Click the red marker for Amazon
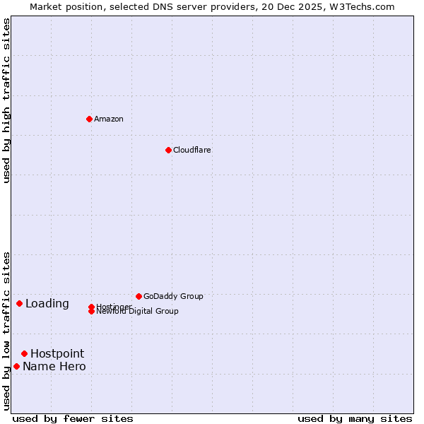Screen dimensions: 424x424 [x=89, y=119]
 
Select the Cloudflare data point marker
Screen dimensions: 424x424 [x=168, y=150]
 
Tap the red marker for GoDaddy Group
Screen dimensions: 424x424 [x=139, y=296]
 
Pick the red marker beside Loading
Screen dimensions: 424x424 [x=19, y=303]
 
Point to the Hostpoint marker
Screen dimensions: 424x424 [x=24, y=353]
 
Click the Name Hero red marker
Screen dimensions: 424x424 [x=16, y=366]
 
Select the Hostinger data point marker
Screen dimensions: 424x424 [x=91, y=307]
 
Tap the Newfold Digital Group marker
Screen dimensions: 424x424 [x=91, y=312]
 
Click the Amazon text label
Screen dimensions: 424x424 [x=108, y=119]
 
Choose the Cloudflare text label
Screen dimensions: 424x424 [x=192, y=150]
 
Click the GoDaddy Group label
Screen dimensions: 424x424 [x=173, y=296]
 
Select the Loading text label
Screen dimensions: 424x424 [x=47, y=304]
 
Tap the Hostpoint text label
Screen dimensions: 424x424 [x=57, y=353]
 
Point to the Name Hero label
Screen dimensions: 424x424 [x=54, y=366]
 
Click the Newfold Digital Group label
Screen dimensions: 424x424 [x=138, y=312]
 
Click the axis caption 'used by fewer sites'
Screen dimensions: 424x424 [x=73, y=418]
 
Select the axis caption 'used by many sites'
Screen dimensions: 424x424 [x=355, y=418]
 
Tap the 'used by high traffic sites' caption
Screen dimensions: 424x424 [x=6, y=100]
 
